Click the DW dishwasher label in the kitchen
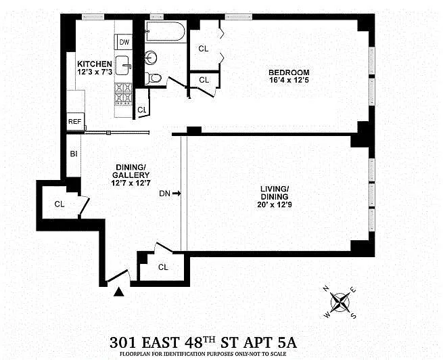pyautogui.click(x=124, y=42)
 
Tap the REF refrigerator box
pyautogui.click(x=75, y=122)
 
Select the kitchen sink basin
pyautogui.click(x=123, y=65)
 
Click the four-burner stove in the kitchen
pyautogui.click(x=124, y=94)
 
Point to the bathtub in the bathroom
pyautogui.click(x=165, y=31)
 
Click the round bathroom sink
pyautogui.click(x=151, y=58)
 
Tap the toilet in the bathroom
pyautogui.click(x=153, y=78)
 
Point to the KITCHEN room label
pyautogui.click(x=95, y=64)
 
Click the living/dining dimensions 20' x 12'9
pyautogui.click(x=274, y=204)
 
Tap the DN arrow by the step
pyautogui.click(x=177, y=194)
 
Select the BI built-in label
pyautogui.click(x=74, y=154)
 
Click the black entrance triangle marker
pyautogui.click(x=119, y=292)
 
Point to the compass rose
pyautogui.click(x=340, y=302)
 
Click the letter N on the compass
pyautogui.click(x=326, y=288)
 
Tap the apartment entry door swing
pyautogui.click(x=118, y=275)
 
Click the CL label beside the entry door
pyautogui.click(x=163, y=267)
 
